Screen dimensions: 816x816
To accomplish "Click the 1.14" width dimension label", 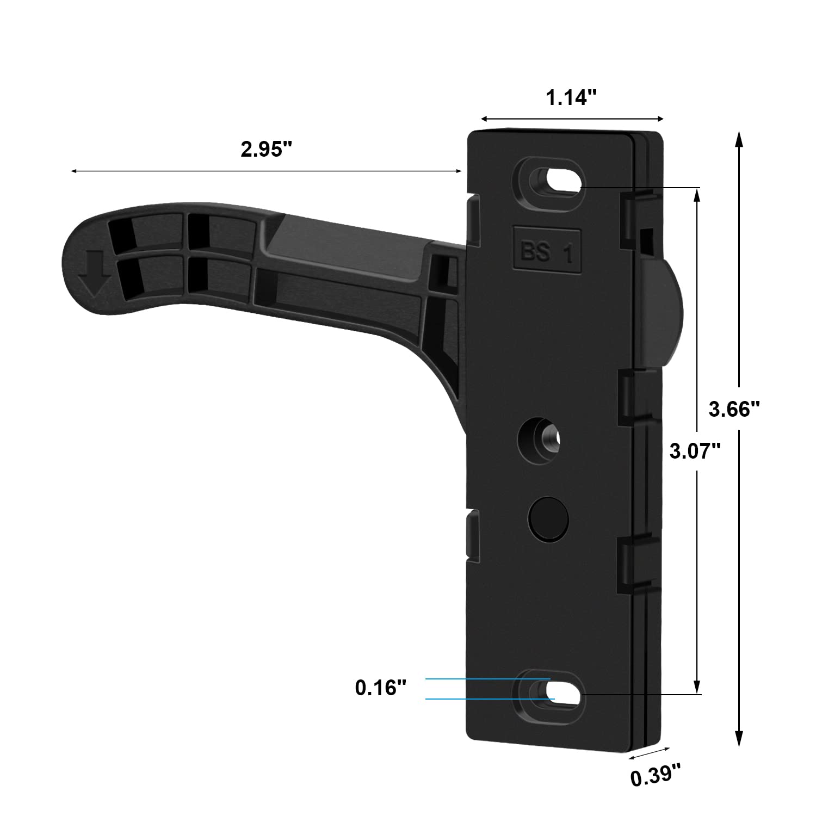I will (x=572, y=98).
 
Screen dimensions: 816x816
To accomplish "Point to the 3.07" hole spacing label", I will (x=695, y=451).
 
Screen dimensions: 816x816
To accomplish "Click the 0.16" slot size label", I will (x=381, y=688).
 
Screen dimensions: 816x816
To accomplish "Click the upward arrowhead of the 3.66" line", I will (x=738, y=139).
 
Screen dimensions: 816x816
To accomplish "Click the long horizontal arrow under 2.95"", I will (x=267, y=171).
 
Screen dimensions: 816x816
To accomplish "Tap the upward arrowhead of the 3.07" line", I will (x=696, y=196).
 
